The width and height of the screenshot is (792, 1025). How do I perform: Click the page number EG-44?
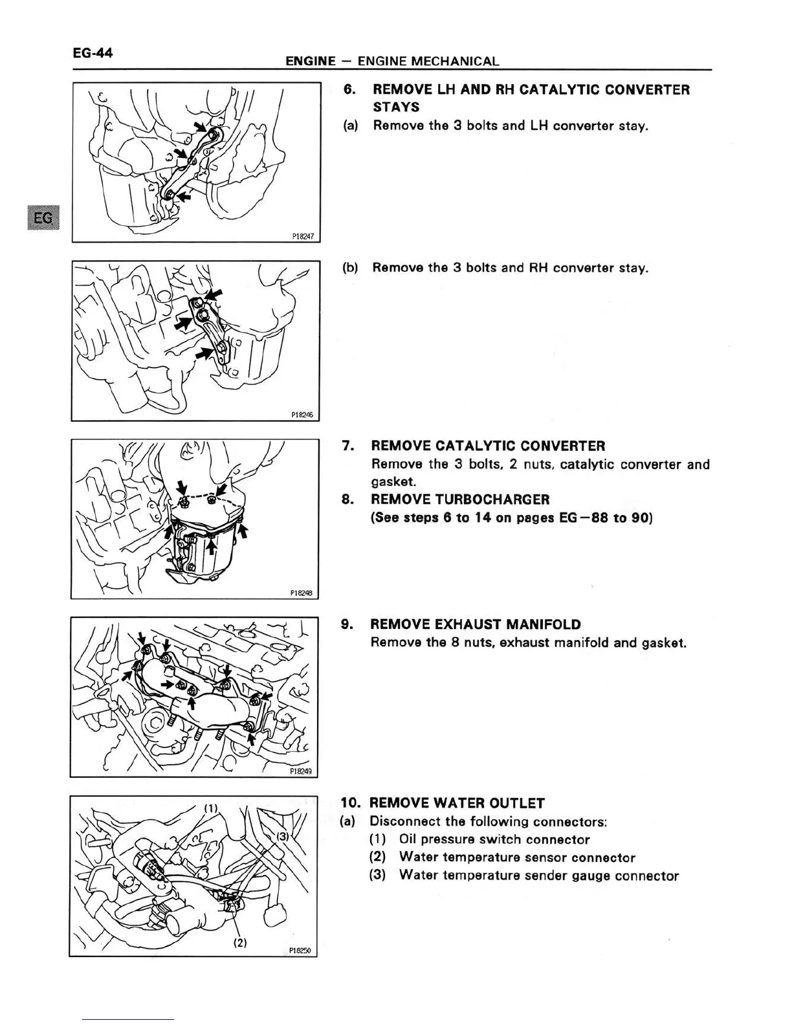(x=93, y=53)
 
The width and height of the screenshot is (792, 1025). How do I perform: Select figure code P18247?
(x=303, y=237)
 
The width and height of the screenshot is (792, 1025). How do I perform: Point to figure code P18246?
(x=302, y=415)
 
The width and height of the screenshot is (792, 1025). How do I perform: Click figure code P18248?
(x=302, y=593)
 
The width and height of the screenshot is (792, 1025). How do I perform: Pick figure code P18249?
(x=301, y=771)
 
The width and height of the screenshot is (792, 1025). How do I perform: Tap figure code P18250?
(x=300, y=950)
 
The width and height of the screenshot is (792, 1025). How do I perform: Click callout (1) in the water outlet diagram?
(x=210, y=808)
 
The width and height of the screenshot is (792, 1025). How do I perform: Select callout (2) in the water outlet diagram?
(x=239, y=942)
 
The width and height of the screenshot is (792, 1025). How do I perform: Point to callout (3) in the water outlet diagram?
(x=283, y=836)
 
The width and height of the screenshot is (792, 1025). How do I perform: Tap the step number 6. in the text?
(x=349, y=89)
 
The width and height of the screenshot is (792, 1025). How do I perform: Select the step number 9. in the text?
(x=347, y=624)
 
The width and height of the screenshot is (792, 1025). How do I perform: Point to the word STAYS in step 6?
(x=396, y=107)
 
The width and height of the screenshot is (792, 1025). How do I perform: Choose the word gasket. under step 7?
(x=393, y=482)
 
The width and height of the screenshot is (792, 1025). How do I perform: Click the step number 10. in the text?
(x=351, y=803)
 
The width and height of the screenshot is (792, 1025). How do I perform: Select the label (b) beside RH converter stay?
(x=350, y=268)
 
